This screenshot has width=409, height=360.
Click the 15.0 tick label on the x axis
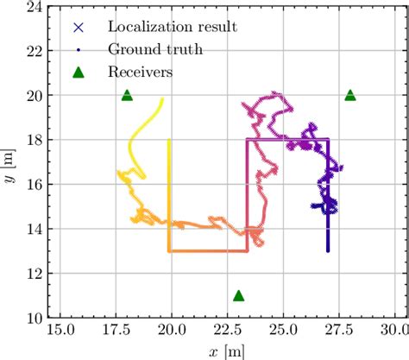click(60, 332)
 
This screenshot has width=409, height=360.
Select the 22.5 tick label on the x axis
click(226, 332)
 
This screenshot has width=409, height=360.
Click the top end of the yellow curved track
click(162, 98)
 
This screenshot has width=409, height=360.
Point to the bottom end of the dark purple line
click(328, 250)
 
